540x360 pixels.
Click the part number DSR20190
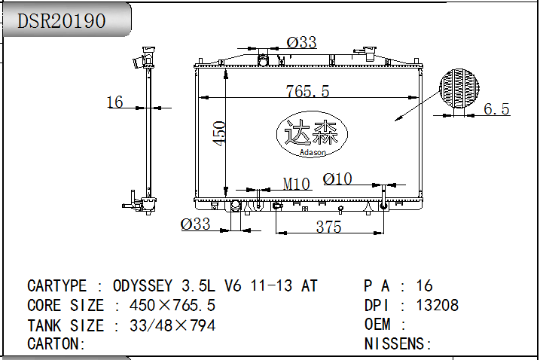[61, 20]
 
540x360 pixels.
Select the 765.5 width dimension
[307, 91]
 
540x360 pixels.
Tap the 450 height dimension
[219, 133]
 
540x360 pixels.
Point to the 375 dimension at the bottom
[328, 227]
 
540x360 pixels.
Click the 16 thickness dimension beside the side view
[114, 102]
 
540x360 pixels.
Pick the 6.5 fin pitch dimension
[496, 109]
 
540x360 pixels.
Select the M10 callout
[297, 184]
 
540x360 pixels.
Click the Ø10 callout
[337, 178]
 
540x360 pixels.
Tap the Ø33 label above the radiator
[301, 42]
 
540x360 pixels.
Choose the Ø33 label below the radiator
[195, 224]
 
